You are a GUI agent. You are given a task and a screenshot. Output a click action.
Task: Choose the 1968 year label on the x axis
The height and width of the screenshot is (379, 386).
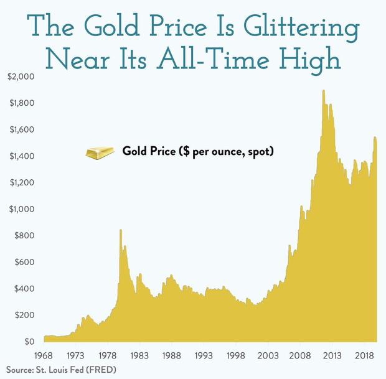(x=44, y=355)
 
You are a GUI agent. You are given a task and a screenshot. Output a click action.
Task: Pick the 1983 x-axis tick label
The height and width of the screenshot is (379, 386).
(x=139, y=355)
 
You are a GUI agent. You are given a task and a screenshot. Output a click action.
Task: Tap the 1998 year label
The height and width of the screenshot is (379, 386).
(x=236, y=355)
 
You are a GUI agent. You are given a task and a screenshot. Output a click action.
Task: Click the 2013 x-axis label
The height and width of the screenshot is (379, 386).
(x=331, y=355)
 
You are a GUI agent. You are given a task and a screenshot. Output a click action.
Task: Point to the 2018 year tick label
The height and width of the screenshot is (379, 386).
(x=364, y=355)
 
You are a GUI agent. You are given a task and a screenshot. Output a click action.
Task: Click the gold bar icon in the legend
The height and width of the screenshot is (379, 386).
(x=100, y=152)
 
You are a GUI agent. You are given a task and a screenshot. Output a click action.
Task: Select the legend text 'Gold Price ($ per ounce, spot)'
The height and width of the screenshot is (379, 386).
(x=199, y=151)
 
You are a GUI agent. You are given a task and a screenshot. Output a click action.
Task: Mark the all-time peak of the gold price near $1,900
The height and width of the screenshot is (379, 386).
(x=323, y=91)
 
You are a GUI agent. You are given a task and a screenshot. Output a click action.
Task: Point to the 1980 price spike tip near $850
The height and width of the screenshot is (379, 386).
(x=120, y=230)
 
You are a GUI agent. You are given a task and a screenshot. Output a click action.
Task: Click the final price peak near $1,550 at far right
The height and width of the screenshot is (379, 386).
(x=375, y=138)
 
